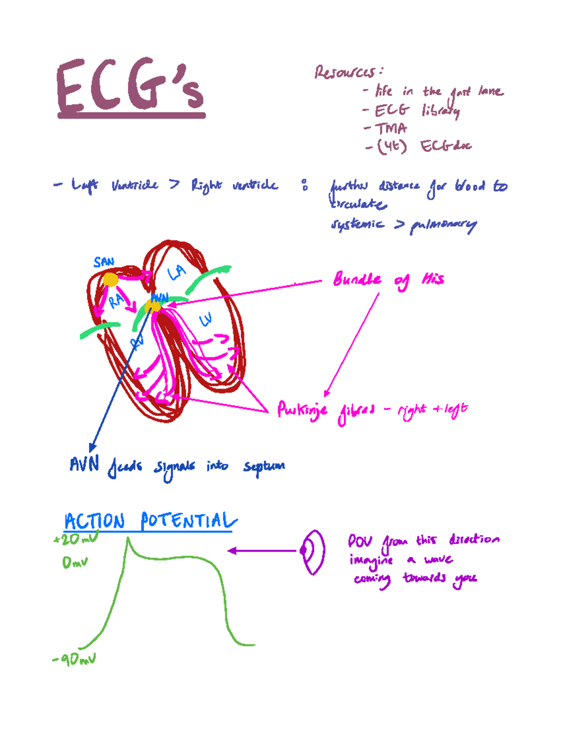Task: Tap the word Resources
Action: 346,72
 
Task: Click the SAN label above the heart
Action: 103,262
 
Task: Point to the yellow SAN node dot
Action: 110,280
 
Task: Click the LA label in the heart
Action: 177,272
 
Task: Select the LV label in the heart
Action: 206,320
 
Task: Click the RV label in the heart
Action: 137,343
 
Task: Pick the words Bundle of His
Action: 388,280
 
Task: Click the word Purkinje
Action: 302,410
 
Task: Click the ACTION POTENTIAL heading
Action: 150,521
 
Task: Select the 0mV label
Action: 75,562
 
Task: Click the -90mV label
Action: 74,660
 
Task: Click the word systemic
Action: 357,224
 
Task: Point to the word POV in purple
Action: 360,541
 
